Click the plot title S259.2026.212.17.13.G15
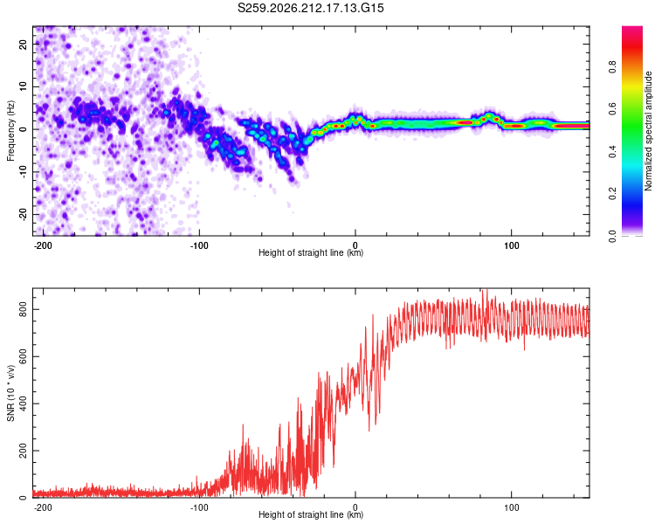click(310, 8)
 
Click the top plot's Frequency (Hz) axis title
click(10, 131)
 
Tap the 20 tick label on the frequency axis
click(23, 44)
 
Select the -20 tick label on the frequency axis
click(23, 215)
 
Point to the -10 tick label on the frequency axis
click(23, 172)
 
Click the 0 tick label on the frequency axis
click(23, 129)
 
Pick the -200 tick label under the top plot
click(42, 245)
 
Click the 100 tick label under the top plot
click(511, 245)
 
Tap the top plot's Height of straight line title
click(311, 252)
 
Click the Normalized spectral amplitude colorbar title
click(648, 131)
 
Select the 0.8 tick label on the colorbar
click(612, 67)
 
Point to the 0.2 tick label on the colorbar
click(612, 194)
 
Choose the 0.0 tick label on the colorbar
click(612, 236)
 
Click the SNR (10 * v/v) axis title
click(10, 393)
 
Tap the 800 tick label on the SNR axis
click(23, 310)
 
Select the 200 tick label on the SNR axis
click(23, 451)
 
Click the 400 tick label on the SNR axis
click(23, 403)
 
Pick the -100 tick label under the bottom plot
click(199, 507)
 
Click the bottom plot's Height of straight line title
click(311, 514)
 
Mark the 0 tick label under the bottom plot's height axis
click(355, 507)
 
